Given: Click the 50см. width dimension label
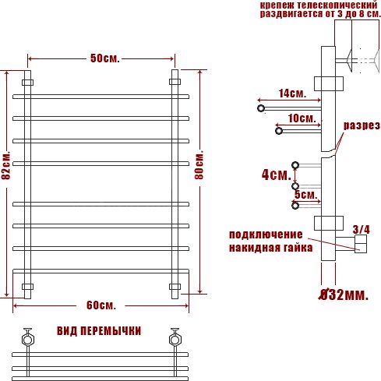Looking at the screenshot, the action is coord(105,58).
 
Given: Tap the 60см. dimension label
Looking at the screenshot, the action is coord(101,305).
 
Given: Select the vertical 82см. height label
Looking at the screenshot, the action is coord(6,165).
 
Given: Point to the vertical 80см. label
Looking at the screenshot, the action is coord(199,164).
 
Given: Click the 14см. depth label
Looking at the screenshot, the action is coord(293,93).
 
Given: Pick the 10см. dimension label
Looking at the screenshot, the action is coord(302,118).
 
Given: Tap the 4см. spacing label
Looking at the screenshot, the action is coord(277,175).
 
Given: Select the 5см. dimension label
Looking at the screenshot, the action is coord(306,195).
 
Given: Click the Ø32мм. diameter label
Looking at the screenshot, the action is coord(344,295).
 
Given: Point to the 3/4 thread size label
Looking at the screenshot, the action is coord(361,230).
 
